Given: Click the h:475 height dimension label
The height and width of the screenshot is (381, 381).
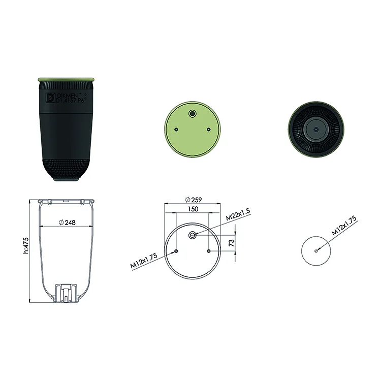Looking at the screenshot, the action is pos(26,246).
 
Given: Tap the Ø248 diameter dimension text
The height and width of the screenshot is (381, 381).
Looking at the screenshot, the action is pos(67,223).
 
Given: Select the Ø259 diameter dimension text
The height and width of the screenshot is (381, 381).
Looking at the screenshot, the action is pos(194,200).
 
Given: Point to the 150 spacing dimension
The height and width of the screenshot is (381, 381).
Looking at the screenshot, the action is pos(193,209).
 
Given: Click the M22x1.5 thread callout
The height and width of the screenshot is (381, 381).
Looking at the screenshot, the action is pos(238,214).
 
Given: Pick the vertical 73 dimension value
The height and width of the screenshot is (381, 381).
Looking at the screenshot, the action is pos(232,242).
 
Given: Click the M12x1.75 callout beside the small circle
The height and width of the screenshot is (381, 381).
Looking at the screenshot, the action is pos(344,225).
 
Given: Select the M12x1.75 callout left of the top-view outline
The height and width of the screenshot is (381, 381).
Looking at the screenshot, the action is pos(144,261).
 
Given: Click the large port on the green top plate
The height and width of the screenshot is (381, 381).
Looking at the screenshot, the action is pos(193,113).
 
